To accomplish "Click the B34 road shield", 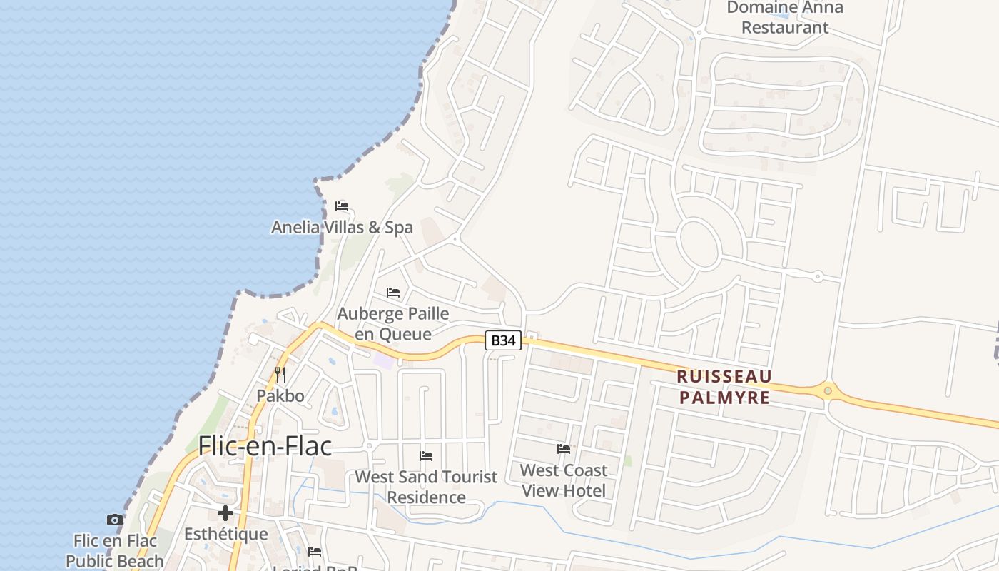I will click(504, 340).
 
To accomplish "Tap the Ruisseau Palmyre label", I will click(724, 386).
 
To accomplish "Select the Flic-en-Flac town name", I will click(265, 446).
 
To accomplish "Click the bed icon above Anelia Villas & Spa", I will click(342, 206).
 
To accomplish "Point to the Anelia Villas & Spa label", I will click(342, 228).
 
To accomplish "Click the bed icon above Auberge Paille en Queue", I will click(393, 293).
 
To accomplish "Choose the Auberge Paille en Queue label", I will click(393, 323).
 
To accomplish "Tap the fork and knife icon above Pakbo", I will click(280, 374).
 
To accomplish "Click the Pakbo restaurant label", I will click(280, 395).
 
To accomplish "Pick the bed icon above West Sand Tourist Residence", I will click(426, 455).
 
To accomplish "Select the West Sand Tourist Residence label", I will click(426, 487).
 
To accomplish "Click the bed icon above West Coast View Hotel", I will click(564, 449).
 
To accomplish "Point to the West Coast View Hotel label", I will click(564, 480).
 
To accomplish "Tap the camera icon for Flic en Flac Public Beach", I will click(114, 520).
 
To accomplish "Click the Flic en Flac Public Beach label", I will click(114, 550).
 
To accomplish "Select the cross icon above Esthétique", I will click(225, 513).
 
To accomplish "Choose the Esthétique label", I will click(225, 534).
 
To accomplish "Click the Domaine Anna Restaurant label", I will click(785, 18).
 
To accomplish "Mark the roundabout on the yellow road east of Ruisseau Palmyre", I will click(828, 390).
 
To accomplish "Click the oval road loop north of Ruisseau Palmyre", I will click(699, 243).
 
